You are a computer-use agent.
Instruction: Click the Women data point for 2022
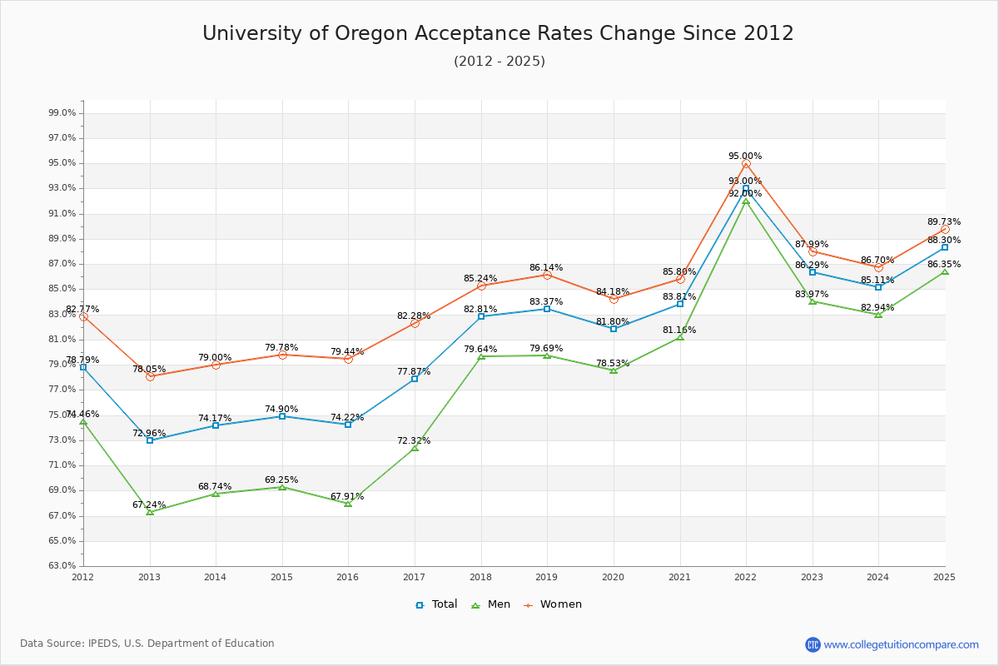click(746, 164)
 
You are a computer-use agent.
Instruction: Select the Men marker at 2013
click(150, 512)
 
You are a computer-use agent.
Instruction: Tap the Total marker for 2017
click(415, 379)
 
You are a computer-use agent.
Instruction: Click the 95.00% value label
click(745, 156)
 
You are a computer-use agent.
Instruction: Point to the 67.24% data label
click(149, 504)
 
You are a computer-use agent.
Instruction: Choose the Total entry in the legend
click(437, 604)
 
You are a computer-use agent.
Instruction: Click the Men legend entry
click(494, 604)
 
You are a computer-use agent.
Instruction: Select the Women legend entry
click(553, 604)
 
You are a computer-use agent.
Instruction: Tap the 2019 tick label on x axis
click(547, 576)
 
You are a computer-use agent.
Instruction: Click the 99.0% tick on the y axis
click(63, 112)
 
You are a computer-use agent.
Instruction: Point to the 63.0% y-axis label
click(63, 565)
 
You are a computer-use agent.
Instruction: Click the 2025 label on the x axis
click(944, 576)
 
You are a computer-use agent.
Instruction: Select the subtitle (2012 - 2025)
click(499, 61)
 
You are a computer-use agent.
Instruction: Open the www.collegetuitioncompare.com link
click(901, 644)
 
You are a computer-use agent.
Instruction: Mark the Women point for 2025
click(945, 230)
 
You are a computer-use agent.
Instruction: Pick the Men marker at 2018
click(481, 356)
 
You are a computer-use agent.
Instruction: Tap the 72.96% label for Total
click(149, 433)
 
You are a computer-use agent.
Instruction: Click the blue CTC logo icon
click(813, 644)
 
